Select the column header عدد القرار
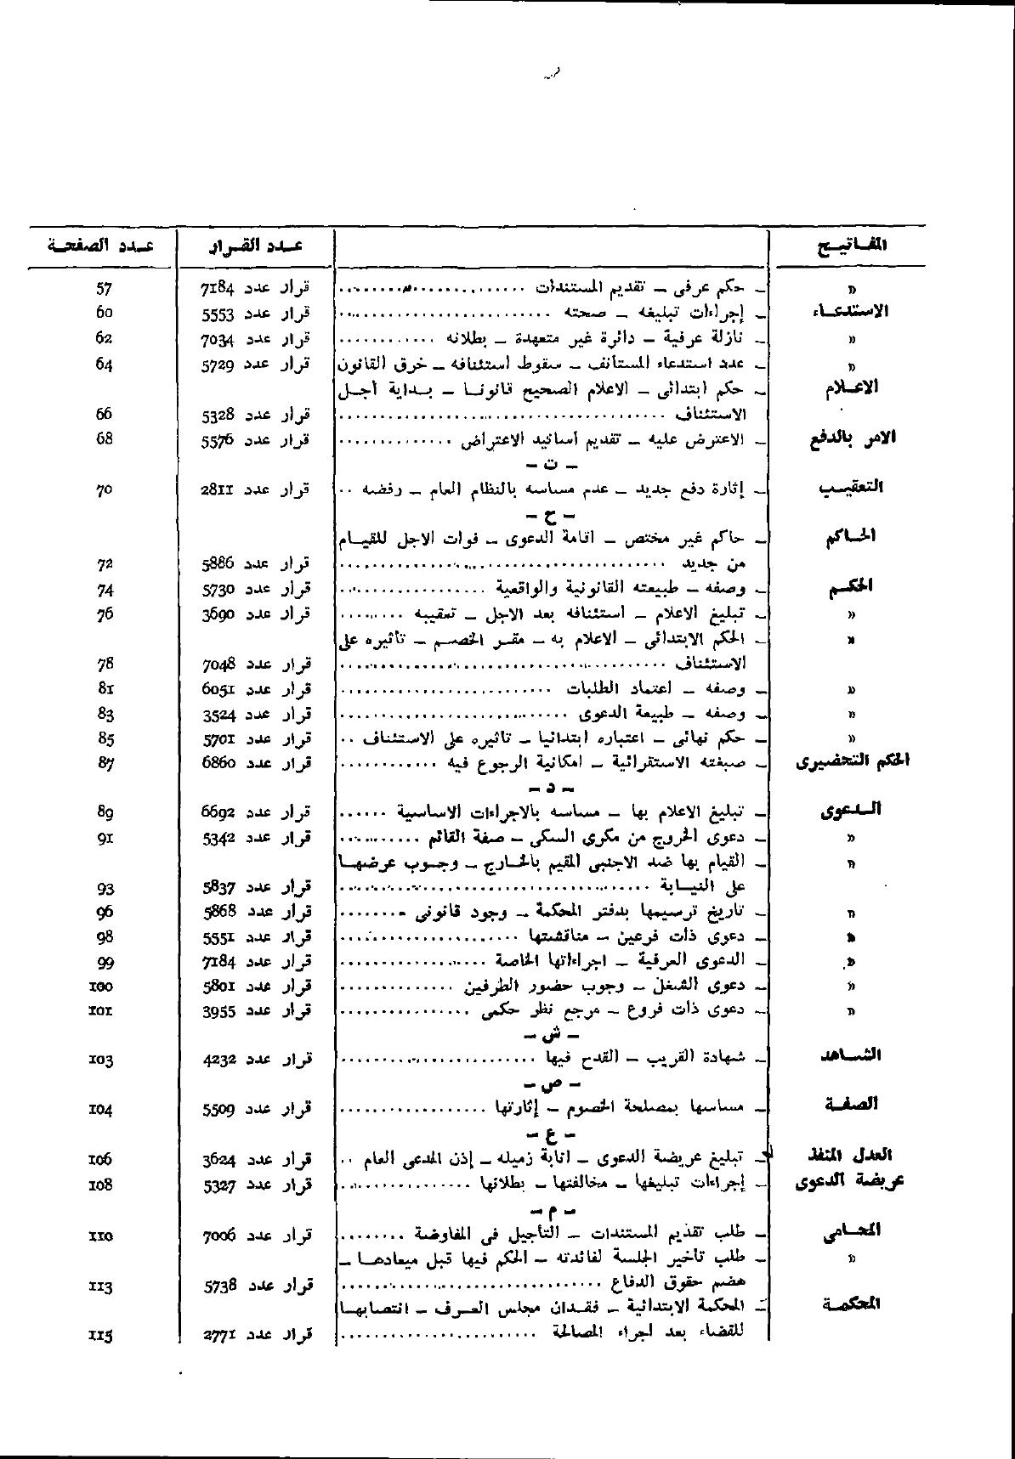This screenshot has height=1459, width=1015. coord(256,247)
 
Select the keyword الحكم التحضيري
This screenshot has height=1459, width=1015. coord(852,761)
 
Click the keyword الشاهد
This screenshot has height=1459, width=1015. coord(851,1055)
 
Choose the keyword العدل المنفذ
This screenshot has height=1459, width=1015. coord(850,1156)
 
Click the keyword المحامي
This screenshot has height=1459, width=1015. coord(851,1231)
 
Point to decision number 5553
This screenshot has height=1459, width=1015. coord(217,314)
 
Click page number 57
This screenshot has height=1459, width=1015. coord(105,289)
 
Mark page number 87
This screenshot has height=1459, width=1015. coord(105,763)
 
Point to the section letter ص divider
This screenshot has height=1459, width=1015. coord(552,1085)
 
